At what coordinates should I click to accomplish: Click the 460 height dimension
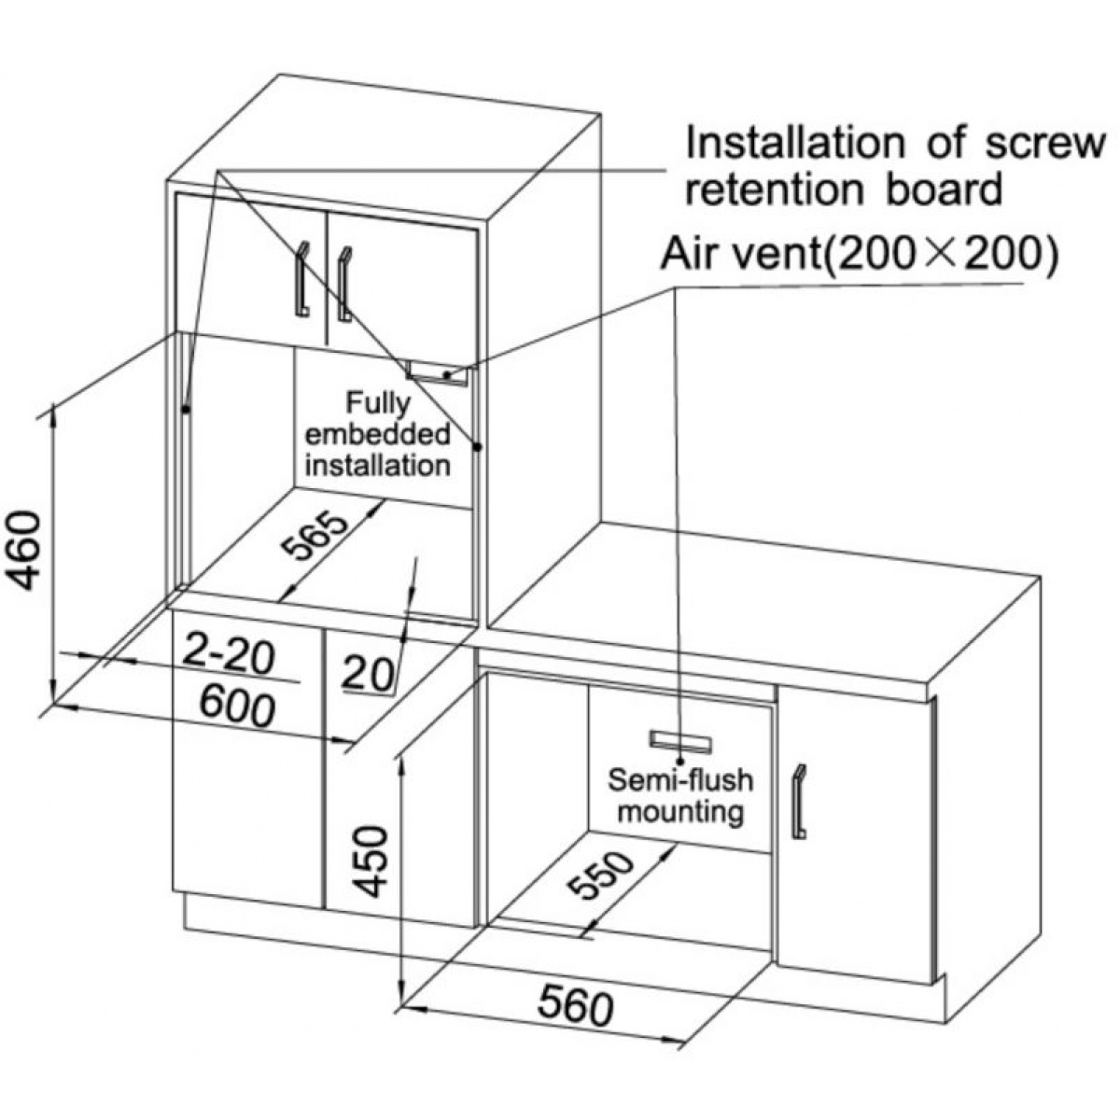[25, 551]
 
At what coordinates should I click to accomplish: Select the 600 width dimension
[238, 707]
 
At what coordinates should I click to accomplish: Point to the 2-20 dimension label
[229, 652]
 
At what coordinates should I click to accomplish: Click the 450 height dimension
[372, 861]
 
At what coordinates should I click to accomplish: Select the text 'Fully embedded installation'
[378, 434]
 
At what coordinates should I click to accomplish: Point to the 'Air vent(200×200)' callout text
[860, 254]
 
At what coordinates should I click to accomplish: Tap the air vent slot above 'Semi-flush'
[681, 741]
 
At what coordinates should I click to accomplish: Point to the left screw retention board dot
[186, 409]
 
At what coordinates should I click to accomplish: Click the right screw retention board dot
[476, 447]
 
